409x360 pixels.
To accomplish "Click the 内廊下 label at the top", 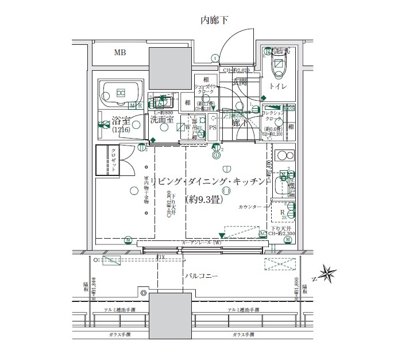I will coord(214,21).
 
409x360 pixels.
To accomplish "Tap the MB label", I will coord(119,53).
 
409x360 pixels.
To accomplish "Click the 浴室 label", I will coord(121,121).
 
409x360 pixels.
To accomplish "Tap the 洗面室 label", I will coord(162,121).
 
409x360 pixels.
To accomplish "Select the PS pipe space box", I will coord(212,128).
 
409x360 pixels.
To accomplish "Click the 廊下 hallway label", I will coord(240,122).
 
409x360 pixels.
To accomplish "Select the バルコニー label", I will coord(201,277).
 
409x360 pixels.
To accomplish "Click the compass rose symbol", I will coord(330,273).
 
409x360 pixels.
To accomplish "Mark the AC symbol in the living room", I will coord(263,233).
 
